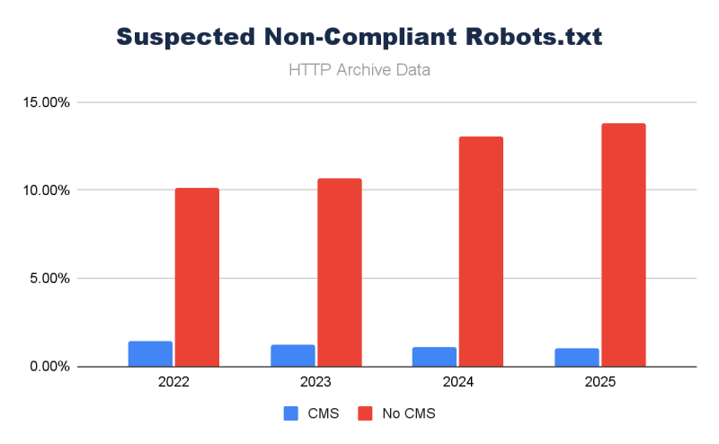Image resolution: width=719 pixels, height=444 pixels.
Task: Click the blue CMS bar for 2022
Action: [x=150, y=354]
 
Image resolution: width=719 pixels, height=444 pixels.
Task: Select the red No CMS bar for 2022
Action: [x=197, y=277]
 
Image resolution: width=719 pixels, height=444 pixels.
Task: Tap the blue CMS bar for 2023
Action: [x=292, y=356]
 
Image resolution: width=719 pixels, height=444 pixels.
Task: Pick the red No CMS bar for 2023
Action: [x=339, y=272]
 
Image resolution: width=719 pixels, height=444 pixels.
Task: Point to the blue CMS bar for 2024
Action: [x=434, y=357]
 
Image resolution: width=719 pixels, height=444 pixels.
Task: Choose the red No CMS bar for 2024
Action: [x=481, y=252]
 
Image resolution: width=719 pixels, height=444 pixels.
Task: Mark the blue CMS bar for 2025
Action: [x=576, y=358]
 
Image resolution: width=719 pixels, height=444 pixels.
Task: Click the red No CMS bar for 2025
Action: [x=623, y=244]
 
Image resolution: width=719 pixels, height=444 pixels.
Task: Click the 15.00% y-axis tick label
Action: [x=45, y=102]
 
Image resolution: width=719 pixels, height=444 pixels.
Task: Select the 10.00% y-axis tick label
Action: [x=45, y=191]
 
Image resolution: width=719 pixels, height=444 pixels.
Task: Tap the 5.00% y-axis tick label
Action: [x=48, y=279]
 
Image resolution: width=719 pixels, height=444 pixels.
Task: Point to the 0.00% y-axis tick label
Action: [x=48, y=367]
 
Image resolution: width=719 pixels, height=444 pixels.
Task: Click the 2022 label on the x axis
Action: [x=173, y=382]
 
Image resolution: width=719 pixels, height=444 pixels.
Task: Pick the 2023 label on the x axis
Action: [x=315, y=382]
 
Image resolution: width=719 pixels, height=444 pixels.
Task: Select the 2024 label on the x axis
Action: [x=457, y=382]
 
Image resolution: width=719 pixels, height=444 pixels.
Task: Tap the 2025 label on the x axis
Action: [x=599, y=382]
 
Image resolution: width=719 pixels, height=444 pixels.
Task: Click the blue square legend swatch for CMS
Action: [x=291, y=413]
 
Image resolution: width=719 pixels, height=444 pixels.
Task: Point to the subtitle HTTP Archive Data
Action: [x=359, y=69]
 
